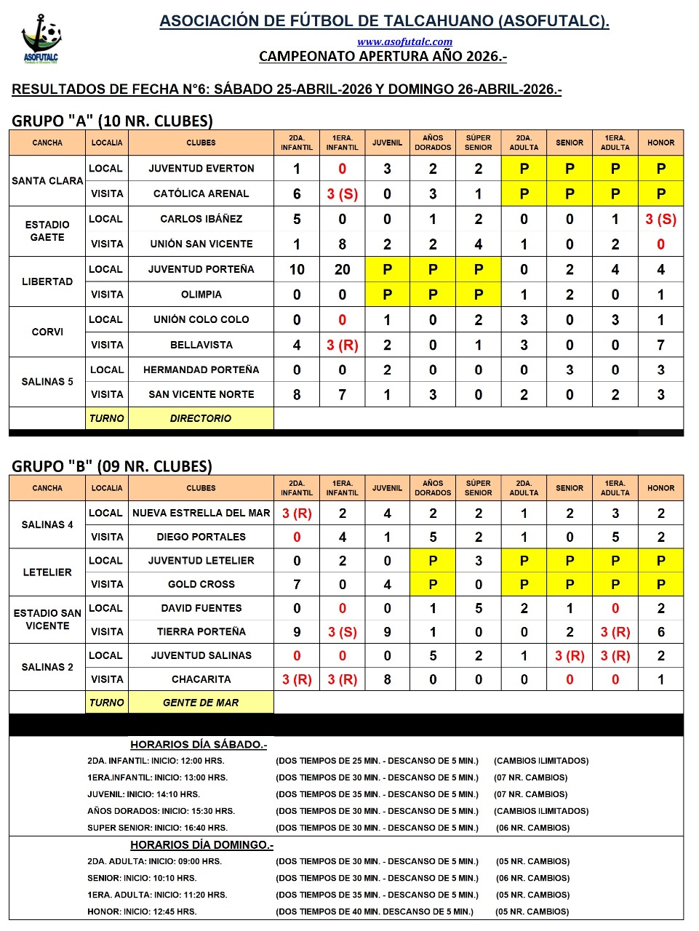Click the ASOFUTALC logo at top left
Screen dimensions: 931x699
41,39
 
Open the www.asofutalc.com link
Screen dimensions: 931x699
404,41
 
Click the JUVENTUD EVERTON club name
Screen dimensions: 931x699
201,168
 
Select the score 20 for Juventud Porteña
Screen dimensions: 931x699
342,270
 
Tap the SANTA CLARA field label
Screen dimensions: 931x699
47,180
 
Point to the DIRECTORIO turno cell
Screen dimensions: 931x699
201,418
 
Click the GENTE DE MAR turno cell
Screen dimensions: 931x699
201,703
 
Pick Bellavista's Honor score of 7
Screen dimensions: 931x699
660,345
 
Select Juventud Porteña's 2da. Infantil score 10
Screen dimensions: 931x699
297,270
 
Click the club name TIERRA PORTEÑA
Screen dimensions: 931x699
201,631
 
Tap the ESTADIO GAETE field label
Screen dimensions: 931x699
47,231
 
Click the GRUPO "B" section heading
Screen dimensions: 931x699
112,466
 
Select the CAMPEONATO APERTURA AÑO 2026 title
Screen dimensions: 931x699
383,56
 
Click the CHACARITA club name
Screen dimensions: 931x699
201,679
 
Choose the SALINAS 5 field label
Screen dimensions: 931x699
47,381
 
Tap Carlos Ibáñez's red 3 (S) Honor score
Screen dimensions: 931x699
660,219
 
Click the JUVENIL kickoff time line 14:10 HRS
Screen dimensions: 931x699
143,794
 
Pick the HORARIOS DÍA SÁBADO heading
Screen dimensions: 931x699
199,744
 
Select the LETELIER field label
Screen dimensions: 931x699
47,572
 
